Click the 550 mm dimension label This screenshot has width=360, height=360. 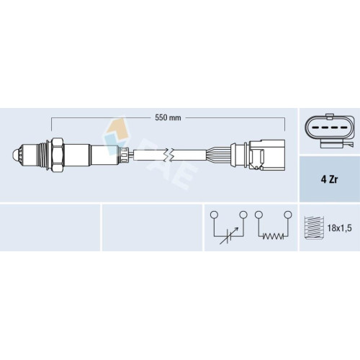tap(168, 118)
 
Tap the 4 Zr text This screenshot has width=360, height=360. tap(329, 179)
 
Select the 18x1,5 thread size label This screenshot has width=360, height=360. tap(339, 228)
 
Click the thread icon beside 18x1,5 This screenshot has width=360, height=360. tap(314, 228)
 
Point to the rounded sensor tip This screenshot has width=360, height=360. tap(17, 154)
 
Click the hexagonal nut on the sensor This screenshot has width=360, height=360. tap(58, 155)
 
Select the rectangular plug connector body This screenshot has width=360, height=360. tap(267, 155)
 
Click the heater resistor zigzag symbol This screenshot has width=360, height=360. tap(273, 236)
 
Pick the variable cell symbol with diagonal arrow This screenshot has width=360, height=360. tap(229, 236)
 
